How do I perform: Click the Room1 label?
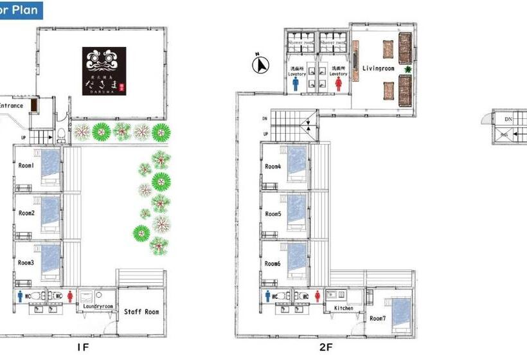(x=26, y=166)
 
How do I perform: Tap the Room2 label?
(x=26, y=213)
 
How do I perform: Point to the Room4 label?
(x=273, y=167)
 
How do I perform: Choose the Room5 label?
(x=273, y=214)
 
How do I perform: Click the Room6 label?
(x=273, y=264)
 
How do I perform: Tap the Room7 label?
(x=378, y=318)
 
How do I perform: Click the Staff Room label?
(x=141, y=312)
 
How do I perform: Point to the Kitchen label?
(x=344, y=309)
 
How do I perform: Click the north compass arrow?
(x=261, y=64)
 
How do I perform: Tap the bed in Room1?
(x=51, y=166)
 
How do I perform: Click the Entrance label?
(x=11, y=105)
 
